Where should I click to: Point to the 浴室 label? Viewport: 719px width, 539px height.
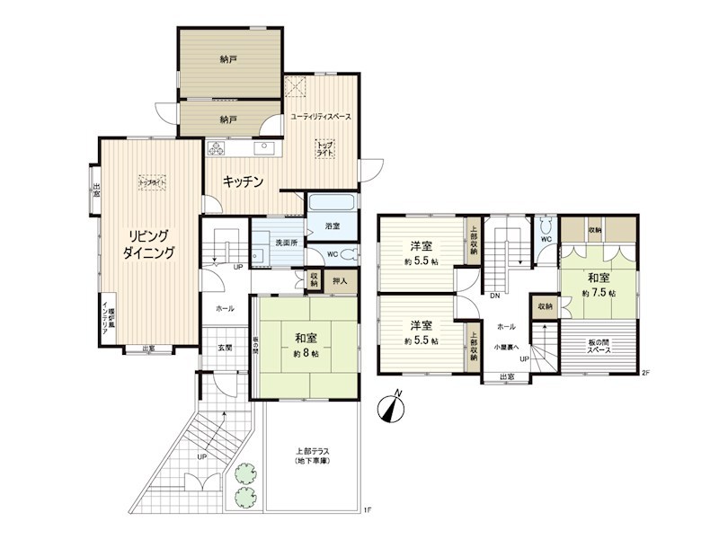[332, 226]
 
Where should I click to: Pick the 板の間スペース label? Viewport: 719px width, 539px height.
[599, 345]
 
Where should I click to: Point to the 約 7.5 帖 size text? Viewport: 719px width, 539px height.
[598, 293]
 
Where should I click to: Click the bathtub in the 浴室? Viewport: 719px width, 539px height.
[333, 206]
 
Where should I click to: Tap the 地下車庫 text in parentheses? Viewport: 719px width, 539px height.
[312, 461]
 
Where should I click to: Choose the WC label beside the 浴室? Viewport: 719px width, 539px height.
[333, 255]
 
